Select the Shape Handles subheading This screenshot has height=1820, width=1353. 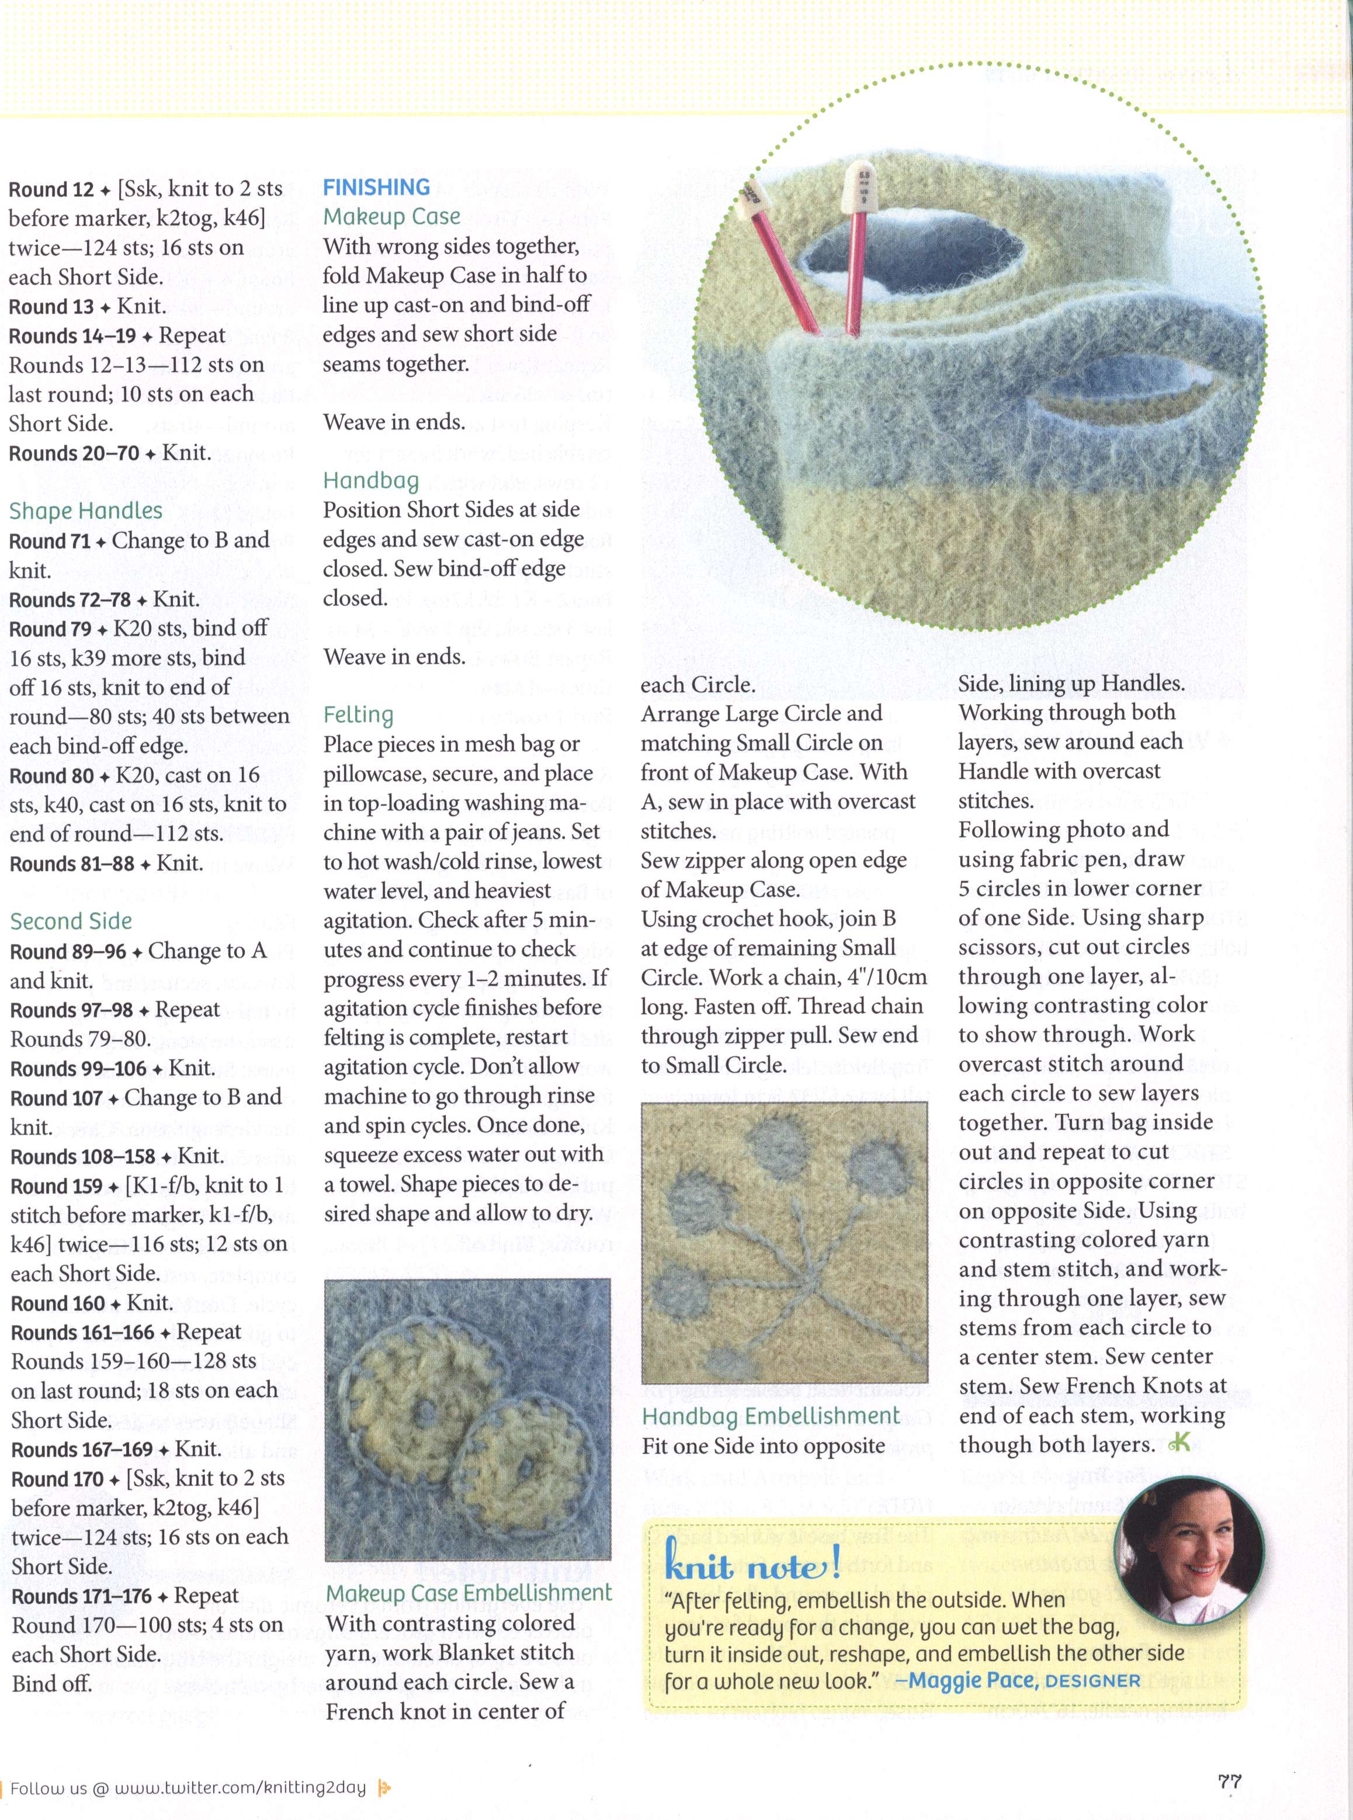[x=86, y=511]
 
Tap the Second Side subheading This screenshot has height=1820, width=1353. [x=71, y=921]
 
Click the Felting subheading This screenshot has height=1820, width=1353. [x=358, y=715]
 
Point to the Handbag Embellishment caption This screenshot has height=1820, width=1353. [x=771, y=1416]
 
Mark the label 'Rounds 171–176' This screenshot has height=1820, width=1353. [x=81, y=1596]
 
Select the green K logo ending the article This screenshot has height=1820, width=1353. [x=1180, y=1444]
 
